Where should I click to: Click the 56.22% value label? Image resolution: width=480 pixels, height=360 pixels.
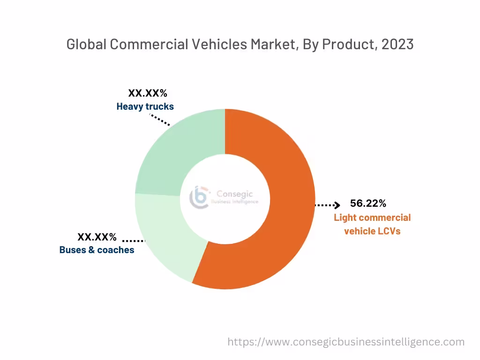[x=368, y=203]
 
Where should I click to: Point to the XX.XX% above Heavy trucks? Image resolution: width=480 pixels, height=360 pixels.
[x=148, y=93]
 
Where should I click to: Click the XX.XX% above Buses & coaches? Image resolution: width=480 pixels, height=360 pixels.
[x=97, y=237]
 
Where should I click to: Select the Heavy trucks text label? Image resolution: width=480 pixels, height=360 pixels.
[x=145, y=106]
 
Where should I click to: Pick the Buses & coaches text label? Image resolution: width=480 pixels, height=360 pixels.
[x=97, y=250]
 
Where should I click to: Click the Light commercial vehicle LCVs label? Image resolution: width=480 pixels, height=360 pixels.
[x=372, y=224]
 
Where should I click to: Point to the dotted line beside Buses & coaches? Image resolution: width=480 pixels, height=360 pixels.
[x=134, y=240]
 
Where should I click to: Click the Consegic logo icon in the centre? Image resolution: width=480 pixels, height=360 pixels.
[x=199, y=197]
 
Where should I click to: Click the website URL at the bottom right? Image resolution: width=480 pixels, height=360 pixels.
[x=346, y=342]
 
